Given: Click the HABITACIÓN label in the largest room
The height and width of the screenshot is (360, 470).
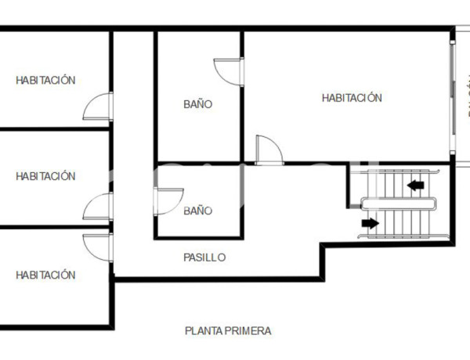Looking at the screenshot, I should (x=352, y=98).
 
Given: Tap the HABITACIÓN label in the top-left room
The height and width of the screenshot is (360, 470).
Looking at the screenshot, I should (x=45, y=80).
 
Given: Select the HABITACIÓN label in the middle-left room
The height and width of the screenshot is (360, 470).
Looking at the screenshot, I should (x=45, y=176).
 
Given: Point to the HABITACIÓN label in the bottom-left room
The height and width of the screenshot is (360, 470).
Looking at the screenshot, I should (x=45, y=275).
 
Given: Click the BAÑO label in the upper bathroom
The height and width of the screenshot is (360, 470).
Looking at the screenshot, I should (x=198, y=104).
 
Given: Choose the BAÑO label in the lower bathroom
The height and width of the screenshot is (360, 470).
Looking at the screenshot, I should (x=198, y=211).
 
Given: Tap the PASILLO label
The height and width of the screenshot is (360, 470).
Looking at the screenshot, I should (x=204, y=257).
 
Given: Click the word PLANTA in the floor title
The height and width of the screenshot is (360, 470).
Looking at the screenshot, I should (x=201, y=331).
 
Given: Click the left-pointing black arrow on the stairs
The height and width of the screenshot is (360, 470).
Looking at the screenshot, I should (x=416, y=185).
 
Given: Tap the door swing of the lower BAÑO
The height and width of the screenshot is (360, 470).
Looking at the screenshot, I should (x=169, y=200).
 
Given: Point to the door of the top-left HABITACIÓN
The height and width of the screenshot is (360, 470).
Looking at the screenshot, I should (x=99, y=106).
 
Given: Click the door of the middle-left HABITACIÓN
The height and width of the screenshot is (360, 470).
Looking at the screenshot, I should (x=99, y=207).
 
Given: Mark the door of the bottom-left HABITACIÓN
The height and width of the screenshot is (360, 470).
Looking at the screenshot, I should (x=99, y=246).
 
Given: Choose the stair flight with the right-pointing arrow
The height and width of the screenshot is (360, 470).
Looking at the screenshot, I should (x=399, y=223).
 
